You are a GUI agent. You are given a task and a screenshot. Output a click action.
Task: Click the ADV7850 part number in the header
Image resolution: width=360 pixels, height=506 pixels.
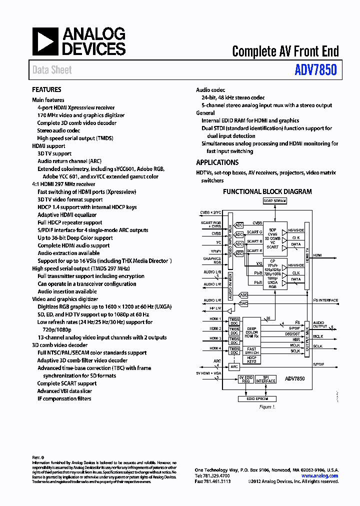(x=315, y=70)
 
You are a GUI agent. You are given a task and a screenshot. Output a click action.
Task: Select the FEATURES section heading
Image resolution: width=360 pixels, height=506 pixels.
(x=46, y=90)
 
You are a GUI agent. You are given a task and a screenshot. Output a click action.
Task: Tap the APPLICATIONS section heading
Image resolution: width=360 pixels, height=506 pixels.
(x=217, y=162)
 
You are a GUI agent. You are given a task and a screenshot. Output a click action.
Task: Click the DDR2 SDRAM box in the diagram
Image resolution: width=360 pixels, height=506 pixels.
(x=274, y=201)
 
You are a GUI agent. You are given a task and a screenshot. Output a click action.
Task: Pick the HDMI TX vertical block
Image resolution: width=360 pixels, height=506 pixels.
(x=306, y=255)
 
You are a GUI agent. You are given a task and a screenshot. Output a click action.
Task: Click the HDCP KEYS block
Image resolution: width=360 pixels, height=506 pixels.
(x=251, y=359)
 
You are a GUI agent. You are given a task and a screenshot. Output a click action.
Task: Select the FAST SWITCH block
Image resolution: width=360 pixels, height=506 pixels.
(x=251, y=350)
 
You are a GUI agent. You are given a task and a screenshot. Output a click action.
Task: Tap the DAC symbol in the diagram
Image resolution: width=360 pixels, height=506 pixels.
(x=243, y=303)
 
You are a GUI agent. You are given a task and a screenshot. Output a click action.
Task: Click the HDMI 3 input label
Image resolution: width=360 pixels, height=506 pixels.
(x=215, y=338)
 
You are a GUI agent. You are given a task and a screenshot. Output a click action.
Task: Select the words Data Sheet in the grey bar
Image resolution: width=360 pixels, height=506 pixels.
(x=52, y=70)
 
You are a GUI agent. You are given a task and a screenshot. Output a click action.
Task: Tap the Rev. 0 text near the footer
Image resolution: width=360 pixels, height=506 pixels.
(x=38, y=457)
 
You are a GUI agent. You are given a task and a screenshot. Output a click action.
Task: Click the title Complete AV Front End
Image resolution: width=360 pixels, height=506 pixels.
(x=285, y=51)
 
